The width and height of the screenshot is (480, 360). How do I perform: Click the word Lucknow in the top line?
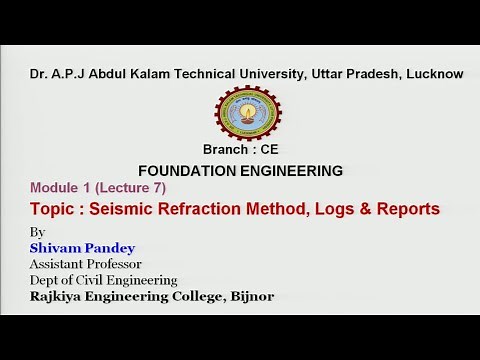[432, 73]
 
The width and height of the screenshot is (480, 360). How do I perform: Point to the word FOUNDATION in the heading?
[183, 170]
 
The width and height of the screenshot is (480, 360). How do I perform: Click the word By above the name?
[38, 233]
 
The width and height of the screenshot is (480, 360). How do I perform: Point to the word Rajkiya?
[62, 296]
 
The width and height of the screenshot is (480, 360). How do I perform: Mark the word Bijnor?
[246, 296]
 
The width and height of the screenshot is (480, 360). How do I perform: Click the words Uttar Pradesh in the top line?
[333, 73]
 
